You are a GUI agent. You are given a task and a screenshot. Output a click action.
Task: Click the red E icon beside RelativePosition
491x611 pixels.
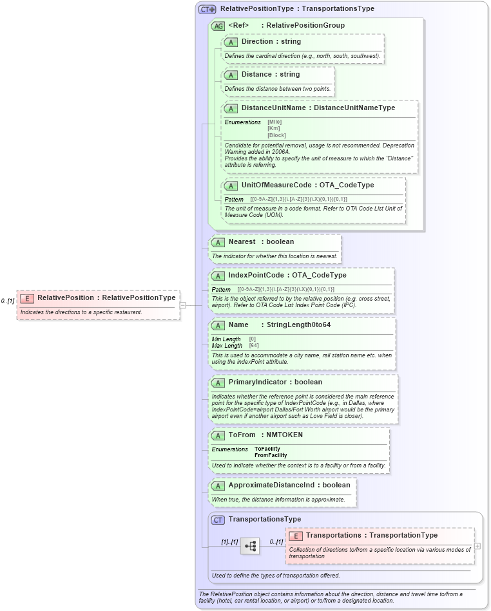click(27, 298)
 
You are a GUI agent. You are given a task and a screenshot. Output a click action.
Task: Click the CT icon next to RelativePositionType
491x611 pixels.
click(207, 10)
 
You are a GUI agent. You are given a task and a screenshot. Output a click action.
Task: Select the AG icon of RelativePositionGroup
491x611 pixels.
click(218, 26)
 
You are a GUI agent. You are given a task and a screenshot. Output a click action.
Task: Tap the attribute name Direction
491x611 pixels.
click(257, 42)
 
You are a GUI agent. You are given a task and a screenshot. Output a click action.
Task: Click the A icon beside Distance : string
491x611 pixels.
click(231, 75)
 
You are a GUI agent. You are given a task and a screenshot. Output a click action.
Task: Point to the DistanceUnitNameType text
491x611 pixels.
click(354, 108)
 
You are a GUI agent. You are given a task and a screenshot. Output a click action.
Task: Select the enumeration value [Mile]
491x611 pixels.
click(274, 122)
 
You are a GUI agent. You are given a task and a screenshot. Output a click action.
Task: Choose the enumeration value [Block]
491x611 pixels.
click(276, 135)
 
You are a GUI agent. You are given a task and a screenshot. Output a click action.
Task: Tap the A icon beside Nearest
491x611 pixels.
click(218, 242)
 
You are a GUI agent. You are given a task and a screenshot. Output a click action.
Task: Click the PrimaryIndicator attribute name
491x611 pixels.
click(256, 382)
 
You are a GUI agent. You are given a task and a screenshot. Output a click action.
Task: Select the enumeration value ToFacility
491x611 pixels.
click(267, 449)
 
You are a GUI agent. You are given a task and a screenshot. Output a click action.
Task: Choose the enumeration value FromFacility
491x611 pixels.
click(271, 455)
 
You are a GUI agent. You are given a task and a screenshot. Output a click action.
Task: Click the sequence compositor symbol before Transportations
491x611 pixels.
click(250, 546)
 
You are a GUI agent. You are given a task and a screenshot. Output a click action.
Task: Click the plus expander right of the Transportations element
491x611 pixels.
click(477, 546)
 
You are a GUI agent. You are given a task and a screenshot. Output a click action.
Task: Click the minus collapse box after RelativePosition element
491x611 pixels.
click(183, 305)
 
